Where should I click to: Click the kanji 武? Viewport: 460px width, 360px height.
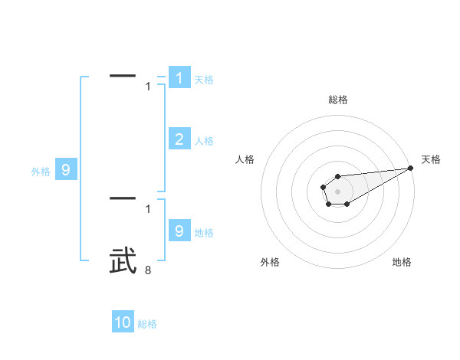pos(123,261)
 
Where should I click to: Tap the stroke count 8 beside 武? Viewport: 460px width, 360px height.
pos(148,270)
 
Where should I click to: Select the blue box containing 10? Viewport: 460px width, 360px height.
pos(123,322)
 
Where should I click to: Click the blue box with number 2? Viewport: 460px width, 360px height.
pos(179,139)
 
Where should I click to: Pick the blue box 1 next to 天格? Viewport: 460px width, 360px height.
pos(179,78)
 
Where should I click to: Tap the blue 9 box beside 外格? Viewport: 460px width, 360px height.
pos(66,170)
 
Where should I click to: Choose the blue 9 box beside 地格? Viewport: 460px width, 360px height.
pos(179,231)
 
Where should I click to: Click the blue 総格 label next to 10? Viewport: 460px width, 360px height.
pos(147,324)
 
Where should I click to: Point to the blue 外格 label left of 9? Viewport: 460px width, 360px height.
pos(41,172)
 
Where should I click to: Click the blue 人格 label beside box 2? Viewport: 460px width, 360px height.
pos(204,141)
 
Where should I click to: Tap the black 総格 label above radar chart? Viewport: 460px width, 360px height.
pos(338,100)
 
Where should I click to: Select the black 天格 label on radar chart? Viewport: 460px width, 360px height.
pos(432,159)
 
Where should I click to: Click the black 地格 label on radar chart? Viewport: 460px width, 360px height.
pos(402,263)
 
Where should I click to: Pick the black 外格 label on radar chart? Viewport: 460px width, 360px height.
pos(270,263)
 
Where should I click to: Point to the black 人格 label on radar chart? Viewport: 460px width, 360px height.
pos(245,159)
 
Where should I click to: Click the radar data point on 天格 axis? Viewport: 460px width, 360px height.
pos(411,168)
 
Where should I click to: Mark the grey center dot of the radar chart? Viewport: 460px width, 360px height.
pos(338,191)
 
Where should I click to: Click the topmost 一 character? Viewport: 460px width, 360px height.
pos(123,76)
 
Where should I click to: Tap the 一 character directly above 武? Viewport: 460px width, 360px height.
pos(123,198)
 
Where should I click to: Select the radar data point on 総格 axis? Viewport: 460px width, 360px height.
pos(338,176)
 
